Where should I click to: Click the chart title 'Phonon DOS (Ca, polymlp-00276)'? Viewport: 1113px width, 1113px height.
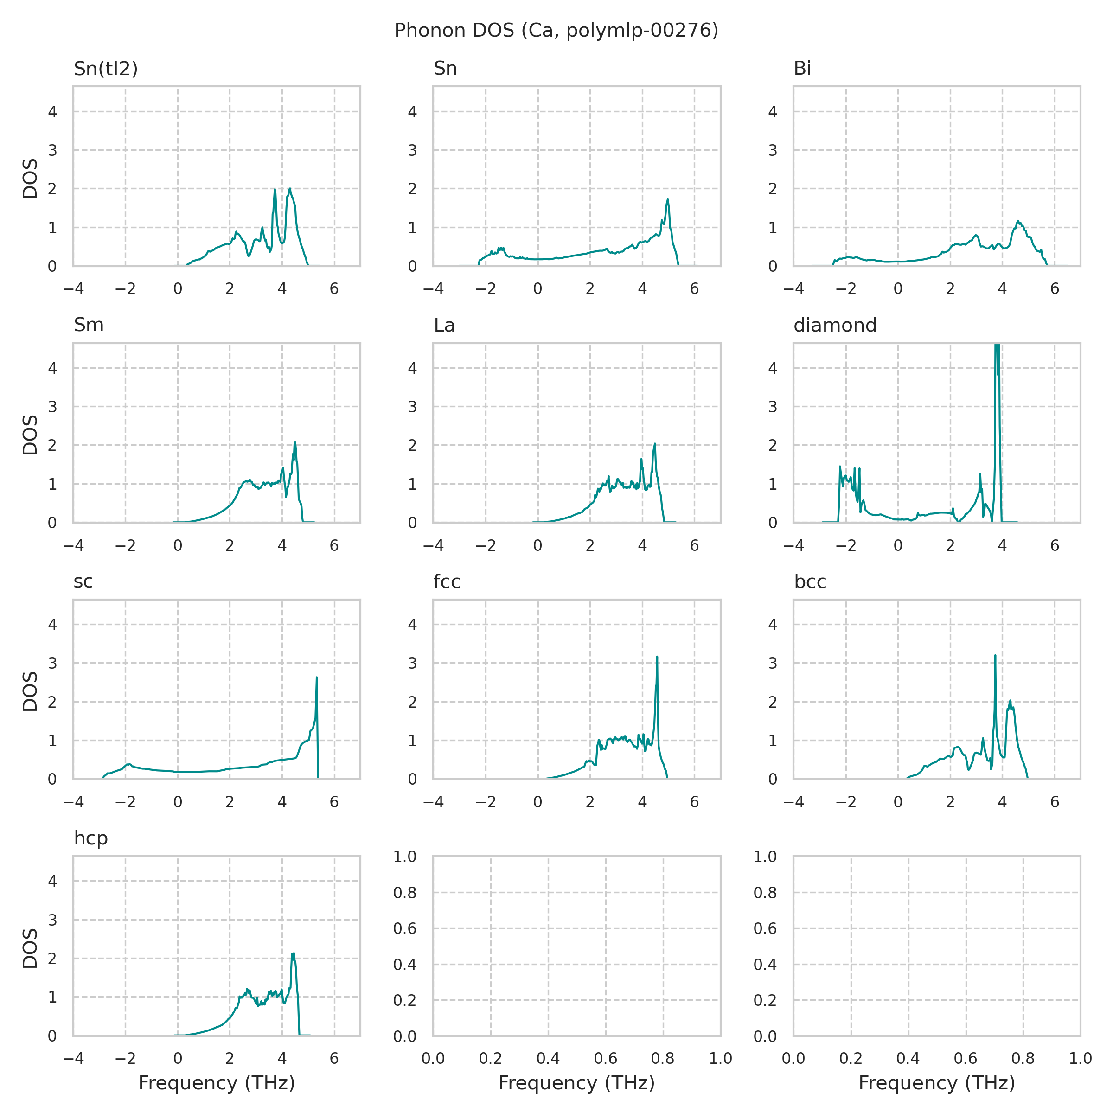556,31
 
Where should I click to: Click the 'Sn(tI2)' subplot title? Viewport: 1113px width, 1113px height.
106,69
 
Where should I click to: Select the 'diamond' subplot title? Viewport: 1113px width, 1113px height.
835,326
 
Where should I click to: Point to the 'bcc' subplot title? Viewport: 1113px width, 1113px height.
810,582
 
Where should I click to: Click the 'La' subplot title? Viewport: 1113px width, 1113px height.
444,326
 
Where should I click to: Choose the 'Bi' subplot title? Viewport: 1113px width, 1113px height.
802,69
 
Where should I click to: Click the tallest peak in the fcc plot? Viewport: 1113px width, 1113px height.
657,657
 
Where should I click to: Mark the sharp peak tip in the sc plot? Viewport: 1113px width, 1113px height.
317,678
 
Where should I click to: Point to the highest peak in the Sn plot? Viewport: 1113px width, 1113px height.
668,200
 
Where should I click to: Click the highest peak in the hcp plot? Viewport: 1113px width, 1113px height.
294,953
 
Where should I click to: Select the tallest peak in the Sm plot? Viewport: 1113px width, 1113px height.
295,442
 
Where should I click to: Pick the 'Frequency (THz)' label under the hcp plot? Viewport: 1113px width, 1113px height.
217,1083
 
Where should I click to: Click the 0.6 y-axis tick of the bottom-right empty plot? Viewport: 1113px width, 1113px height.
765,928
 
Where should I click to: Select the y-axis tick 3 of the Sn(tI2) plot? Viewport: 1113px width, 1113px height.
52,150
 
